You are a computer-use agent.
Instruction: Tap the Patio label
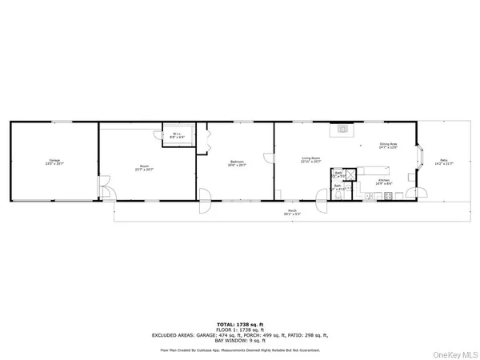coord(443,162)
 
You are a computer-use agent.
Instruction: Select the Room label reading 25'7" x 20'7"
coord(146,168)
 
